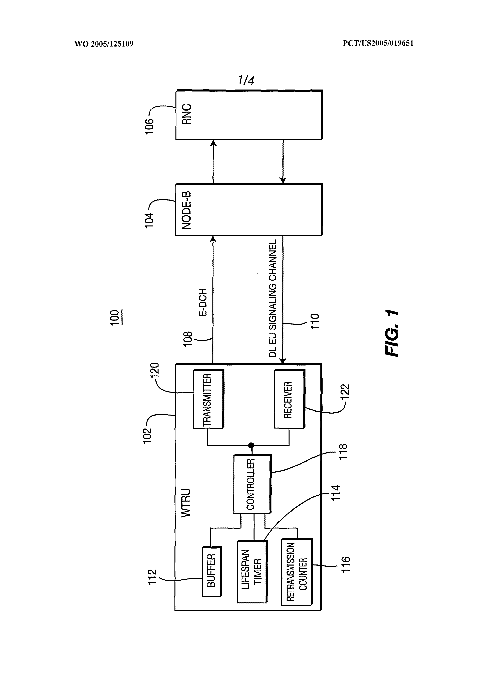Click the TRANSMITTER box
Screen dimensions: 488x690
(x=208, y=399)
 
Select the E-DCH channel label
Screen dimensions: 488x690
(x=203, y=302)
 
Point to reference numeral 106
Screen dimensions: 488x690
(x=149, y=127)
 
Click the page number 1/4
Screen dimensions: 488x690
(x=246, y=80)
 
